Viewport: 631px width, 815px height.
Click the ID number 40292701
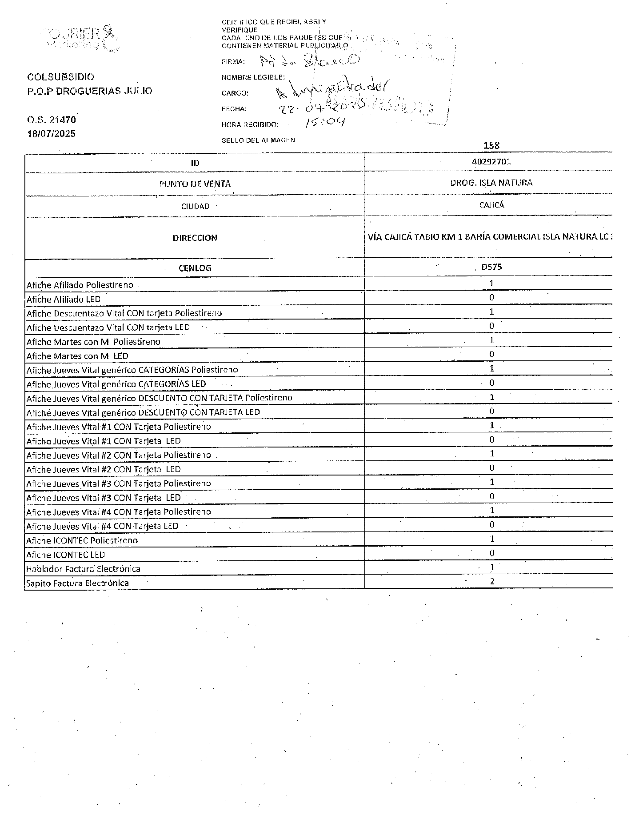tap(491, 162)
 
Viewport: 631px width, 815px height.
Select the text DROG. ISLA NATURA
tap(491, 183)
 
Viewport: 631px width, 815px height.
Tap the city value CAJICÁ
tap(491, 205)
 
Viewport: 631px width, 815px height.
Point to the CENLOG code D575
tap(491, 267)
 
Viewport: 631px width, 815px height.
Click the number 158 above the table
tap(491, 145)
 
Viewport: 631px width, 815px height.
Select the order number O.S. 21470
tap(52, 120)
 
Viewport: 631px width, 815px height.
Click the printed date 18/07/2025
tap(52, 133)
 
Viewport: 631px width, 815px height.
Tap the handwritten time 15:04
tap(324, 122)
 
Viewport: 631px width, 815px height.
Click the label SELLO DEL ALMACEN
tap(258, 140)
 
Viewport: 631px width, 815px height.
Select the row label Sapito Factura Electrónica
tap(77, 583)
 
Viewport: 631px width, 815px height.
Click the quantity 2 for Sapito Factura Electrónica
tap(491, 581)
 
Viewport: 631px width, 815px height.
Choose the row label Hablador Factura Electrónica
tap(83, 569)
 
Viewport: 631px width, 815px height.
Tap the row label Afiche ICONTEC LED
tap(65, 555)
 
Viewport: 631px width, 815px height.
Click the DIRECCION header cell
tap(195, 238)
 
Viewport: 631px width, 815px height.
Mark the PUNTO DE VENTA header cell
tap(195, 184)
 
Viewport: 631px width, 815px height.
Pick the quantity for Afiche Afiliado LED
tap(491, 297)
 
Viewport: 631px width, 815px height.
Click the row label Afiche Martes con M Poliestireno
tap(93, 342)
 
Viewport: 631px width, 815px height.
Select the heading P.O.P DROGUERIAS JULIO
tap(90, 91)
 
